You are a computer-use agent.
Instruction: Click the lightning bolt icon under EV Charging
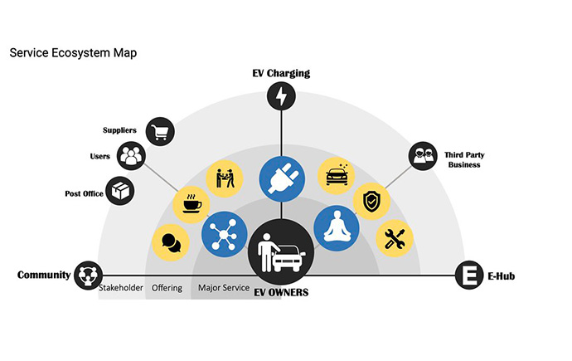point(281,96)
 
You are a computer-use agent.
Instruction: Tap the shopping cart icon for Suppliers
point(160,131)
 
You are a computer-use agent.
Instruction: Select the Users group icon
point(131,156)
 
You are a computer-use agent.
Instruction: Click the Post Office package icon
point(120,191)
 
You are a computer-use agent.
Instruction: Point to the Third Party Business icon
point(423,156)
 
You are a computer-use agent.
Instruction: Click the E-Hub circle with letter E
point(469,275)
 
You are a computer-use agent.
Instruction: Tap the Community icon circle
point(88,276)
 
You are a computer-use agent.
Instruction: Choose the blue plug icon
point(282,179)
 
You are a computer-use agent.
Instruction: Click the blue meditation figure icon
point(337,228)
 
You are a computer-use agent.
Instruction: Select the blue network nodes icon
point(224,234)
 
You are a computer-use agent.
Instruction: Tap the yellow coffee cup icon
point(191,205)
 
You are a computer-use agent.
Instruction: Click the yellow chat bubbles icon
point(171,242)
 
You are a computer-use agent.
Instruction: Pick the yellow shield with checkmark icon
point(371,201)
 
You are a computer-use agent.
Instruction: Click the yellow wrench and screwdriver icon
point(395,238)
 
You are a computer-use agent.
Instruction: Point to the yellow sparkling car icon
point(337,176)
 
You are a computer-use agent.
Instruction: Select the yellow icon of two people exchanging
point(225,178)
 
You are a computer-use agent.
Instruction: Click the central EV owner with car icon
point(281,252)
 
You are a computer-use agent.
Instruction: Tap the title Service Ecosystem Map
point(73,53)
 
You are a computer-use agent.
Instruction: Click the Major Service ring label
point(224,288)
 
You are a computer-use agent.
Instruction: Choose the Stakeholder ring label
point(121,288)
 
